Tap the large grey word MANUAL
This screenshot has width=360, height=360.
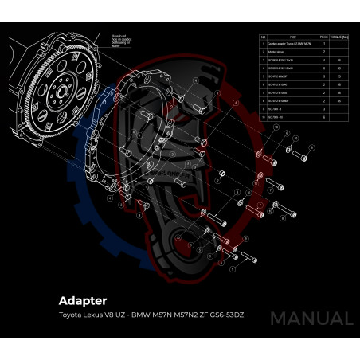[x=311, y=319]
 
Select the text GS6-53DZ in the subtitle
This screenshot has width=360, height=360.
[x=225, y=315]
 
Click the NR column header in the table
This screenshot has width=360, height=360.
[x=264, y=37]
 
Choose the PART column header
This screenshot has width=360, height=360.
[x=292, y=37]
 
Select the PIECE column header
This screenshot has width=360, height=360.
[x=323, y=37]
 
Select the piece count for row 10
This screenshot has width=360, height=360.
[x=323, y=117]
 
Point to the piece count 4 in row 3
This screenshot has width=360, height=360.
[x=323, y=61]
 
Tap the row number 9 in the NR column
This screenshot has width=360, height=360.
[x=264, y=109]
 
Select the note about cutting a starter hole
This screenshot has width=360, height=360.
[x=119, y=41]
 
